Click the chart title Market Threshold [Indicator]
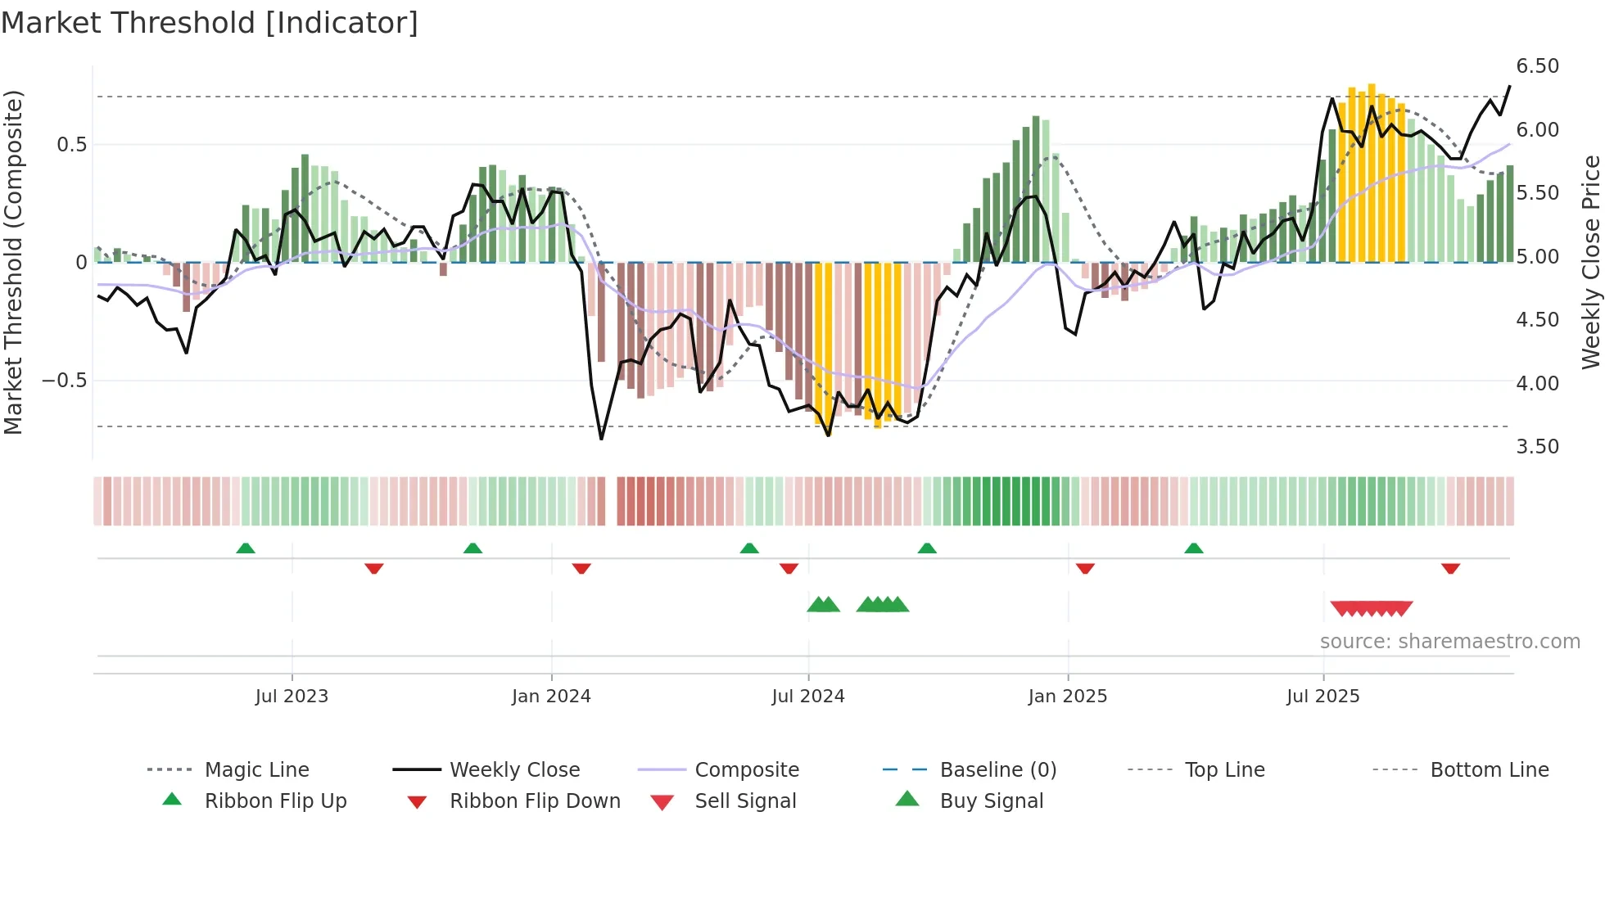[210, 23]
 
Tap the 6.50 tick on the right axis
[1537, 66]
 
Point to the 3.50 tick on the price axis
[1537, 447]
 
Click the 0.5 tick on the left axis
[71, 145]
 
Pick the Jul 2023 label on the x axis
[292, 697]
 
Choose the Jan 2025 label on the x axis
[1067, 697]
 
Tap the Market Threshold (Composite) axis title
[13, 262]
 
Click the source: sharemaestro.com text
[1449, 642]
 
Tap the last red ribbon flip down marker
[1450, 568]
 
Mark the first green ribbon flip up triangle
[246, 548]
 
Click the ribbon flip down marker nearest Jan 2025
[1085, 568]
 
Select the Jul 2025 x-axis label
[1322, 697]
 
